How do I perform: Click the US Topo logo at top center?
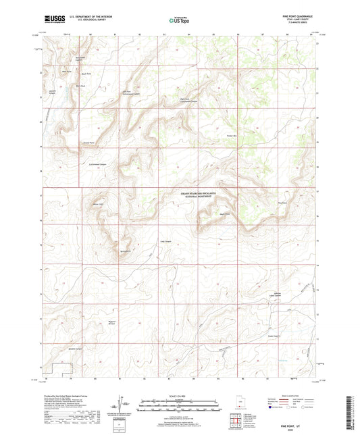pyautogui.click(x=179, y=22)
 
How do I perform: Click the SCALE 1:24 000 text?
pyautogui.click(x=180, y=396)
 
